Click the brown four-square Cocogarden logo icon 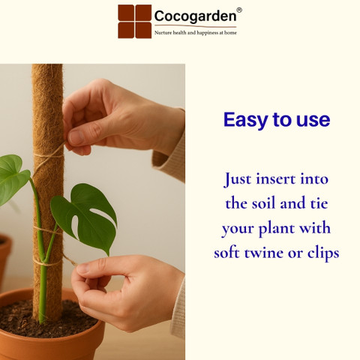point(135,22)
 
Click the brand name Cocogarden point(195,16)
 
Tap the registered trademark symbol point(239,10)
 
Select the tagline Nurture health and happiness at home point(196,33)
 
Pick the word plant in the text point(276,229)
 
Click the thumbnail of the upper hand point(75,137)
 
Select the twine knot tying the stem point(48,261)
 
